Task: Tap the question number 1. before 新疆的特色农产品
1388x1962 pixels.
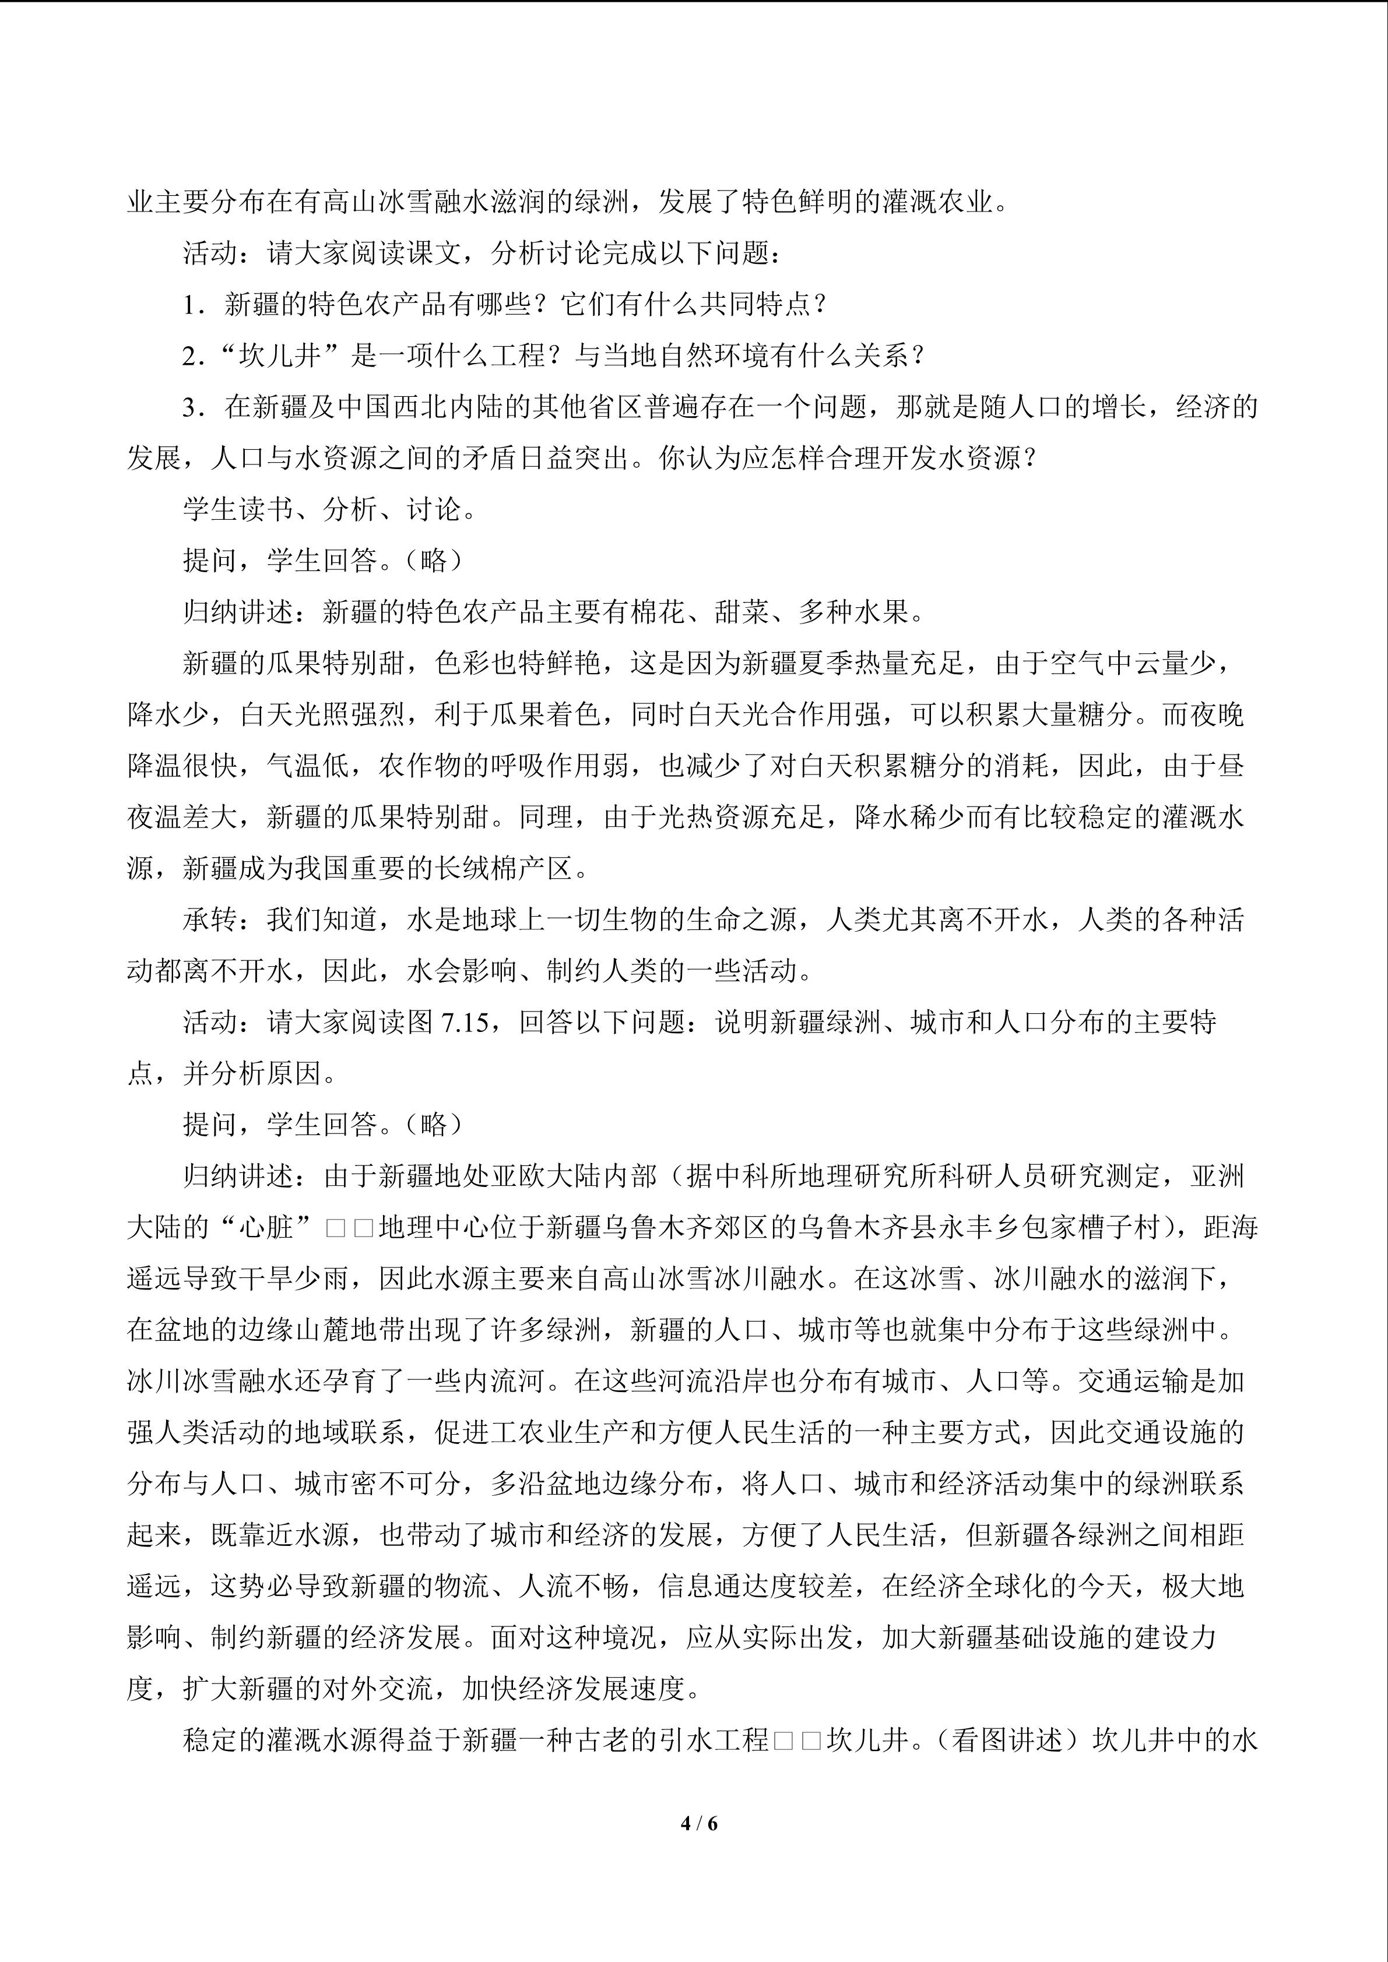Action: click(194, 304)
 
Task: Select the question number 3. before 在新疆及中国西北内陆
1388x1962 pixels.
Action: click(194, 407)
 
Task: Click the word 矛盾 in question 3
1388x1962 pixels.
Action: click(464, 458)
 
